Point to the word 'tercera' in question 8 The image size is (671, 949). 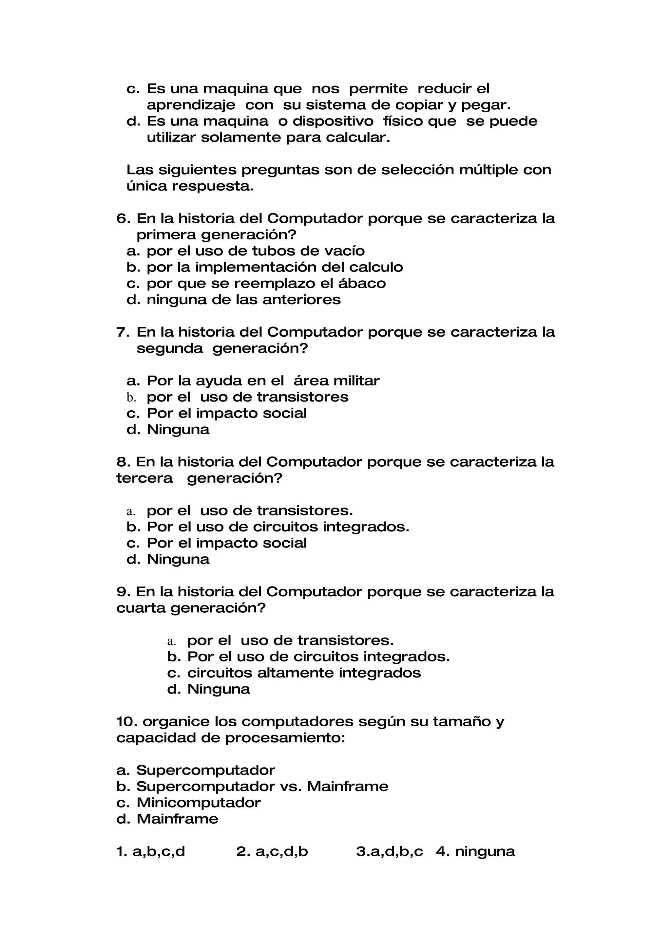(x=144, y=478)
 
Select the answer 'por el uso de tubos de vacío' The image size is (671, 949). (x=256, y=251)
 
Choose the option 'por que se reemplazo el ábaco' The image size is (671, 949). (x=266, y=284)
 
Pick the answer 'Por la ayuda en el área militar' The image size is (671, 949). (x=263, y=381)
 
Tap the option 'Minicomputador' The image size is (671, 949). (x=199, y=803)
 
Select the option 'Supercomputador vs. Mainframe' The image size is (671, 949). (x=262, y=787)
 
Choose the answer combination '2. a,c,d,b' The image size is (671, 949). (x=272, y=851)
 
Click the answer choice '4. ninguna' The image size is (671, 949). (x=475, y=851)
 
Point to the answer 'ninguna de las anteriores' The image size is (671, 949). (x=243, y=300)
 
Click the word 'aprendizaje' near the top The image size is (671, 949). (x=191, y=105)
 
